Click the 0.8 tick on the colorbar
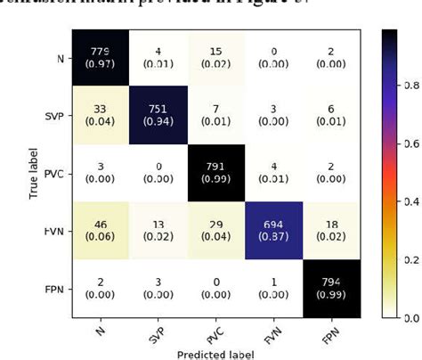pos(410,87)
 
